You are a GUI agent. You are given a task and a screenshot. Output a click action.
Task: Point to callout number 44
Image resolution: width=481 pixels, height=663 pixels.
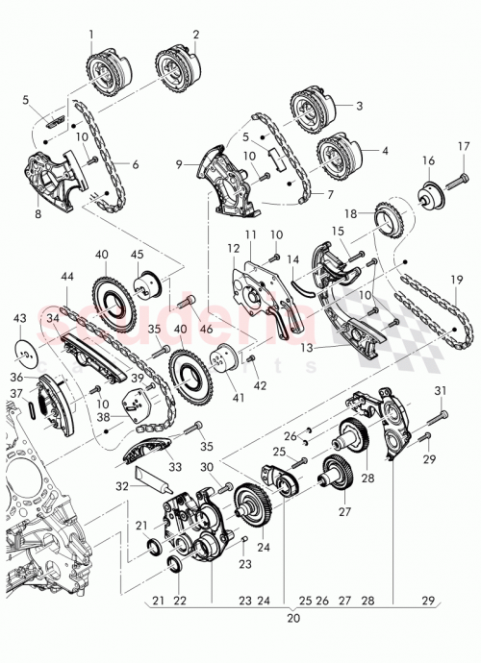click(x=66, y=277)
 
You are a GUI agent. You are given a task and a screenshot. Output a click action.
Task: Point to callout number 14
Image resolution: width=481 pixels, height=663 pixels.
click(x=294, y=258)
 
